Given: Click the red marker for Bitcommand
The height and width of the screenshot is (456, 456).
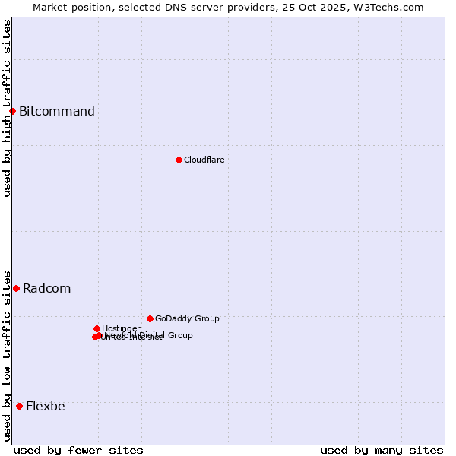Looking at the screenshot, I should pos(12,112).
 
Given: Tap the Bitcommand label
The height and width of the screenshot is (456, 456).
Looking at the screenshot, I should pos(57,112).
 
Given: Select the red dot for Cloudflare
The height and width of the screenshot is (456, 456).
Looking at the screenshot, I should pos(179,160).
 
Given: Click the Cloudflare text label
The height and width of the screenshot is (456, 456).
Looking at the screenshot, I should pos(204,160).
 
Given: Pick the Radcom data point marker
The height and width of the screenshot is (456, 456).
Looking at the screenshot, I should pos(16,288).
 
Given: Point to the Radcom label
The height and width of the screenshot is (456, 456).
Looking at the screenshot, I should pos(46,288).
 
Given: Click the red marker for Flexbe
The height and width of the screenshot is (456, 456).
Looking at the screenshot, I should pos(19,406).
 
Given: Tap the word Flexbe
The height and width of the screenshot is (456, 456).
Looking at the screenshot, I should pos(45,406).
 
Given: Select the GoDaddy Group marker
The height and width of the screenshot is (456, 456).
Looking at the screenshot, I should pos(150,318).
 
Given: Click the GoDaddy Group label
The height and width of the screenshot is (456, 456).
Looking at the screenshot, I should pos(187,318).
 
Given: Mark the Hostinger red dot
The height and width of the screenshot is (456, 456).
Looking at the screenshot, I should pos(97,328).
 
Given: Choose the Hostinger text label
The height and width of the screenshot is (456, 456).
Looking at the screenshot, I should pos(121,328).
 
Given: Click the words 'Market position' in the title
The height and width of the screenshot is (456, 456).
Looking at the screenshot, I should pos(69,7).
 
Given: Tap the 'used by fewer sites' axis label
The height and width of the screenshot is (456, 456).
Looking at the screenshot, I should pos(78,450).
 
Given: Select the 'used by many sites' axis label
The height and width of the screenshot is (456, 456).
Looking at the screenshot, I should pos(382,450).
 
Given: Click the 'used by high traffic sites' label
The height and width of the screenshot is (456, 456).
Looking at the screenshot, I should pos(7,108).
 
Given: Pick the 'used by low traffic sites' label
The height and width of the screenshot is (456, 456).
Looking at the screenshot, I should pos(7,355).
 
